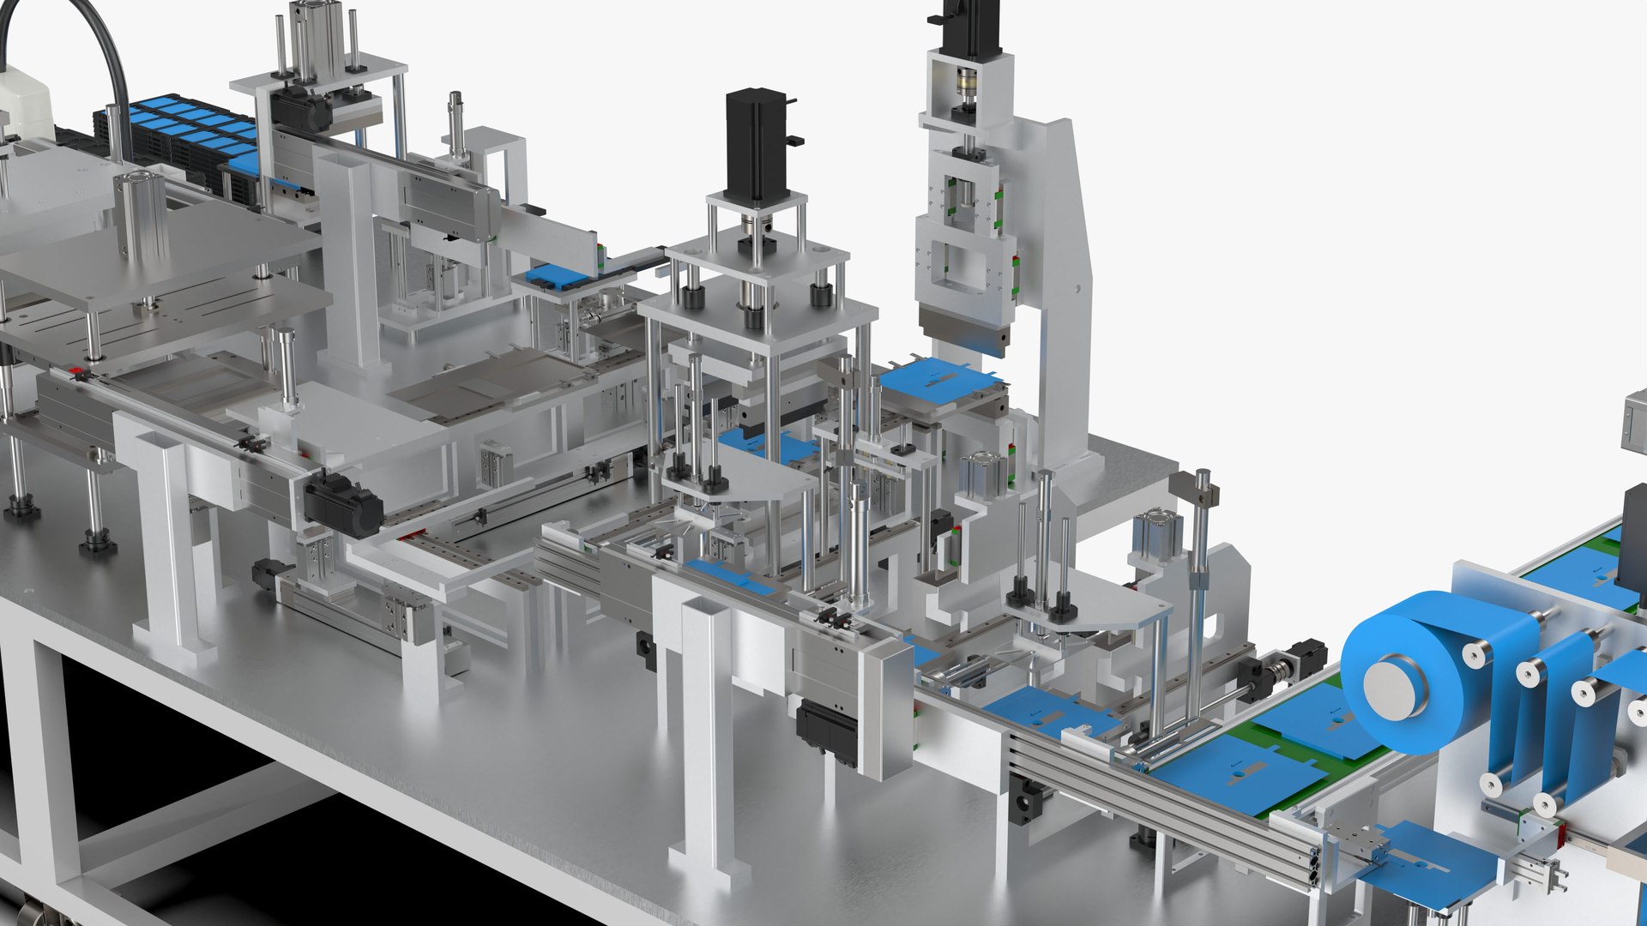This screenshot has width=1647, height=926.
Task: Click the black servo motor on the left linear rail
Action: (343, 505)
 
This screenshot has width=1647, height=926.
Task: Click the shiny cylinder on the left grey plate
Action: (141, 214)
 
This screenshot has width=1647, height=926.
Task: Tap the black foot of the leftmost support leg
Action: (21, 509)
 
